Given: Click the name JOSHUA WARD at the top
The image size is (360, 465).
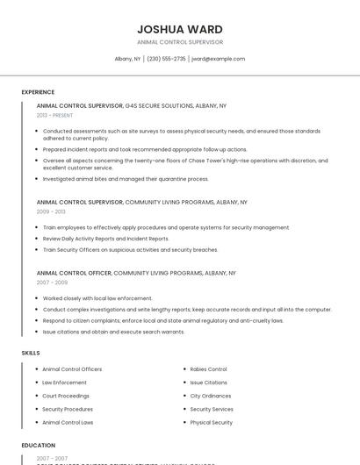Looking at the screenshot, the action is click(180, 29).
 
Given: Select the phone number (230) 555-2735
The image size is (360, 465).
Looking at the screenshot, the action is click(166, 59).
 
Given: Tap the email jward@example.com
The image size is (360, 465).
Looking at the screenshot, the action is click(218, 59).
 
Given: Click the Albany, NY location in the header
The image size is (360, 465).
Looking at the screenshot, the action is click(127, 59).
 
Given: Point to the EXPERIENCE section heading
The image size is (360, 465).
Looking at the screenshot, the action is click(38, 92).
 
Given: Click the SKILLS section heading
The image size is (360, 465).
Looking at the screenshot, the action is click(31, 353).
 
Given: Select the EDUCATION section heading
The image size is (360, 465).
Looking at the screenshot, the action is click(39, 446).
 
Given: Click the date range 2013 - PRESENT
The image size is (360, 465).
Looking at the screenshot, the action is click(54, 115).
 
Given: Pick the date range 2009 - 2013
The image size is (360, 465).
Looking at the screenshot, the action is click(51, 211).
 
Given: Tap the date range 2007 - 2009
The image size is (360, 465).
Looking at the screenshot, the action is click(51, 283).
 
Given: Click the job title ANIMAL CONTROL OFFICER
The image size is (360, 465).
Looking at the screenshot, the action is click(74, 273).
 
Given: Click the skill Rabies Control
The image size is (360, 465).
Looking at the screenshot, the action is click(208, 369).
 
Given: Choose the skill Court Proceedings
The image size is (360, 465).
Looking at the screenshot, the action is click(66, 396).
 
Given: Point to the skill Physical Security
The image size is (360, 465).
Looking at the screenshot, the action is click(211, 422).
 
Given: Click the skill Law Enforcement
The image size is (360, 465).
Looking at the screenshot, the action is click(64, 383).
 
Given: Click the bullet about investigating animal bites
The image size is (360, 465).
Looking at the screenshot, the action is click(126, 179).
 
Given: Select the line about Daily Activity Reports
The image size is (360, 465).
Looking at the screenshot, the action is click(105, 239).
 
